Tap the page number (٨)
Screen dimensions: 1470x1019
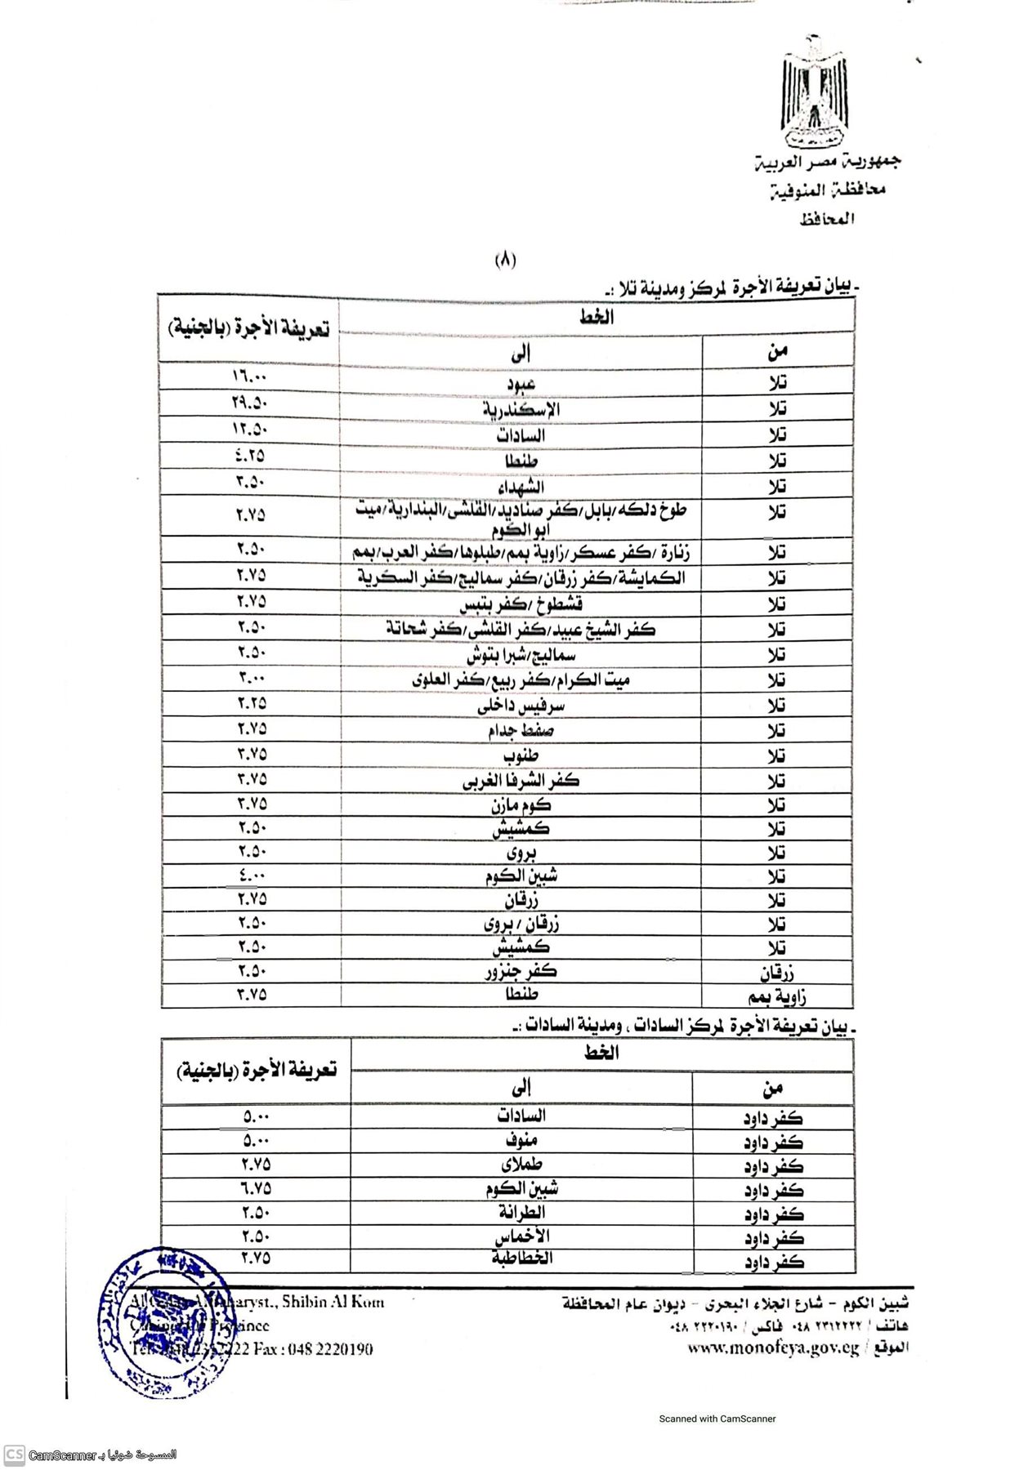[506, 261]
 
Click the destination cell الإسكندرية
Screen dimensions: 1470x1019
[521, 409]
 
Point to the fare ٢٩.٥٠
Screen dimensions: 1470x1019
[250, 403]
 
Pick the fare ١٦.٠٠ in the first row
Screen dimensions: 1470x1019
[250, 377]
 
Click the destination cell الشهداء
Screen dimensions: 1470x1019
[521, 487]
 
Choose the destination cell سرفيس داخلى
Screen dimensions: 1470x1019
[521, 705]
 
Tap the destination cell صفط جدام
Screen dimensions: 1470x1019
[521, 730]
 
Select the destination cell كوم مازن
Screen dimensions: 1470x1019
[521, 805]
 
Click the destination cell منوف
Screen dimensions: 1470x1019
[521, 1140]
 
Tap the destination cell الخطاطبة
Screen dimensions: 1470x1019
[521, 1258]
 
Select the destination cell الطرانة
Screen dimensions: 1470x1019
[521, 1213]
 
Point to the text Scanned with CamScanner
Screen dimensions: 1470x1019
[717, 1419]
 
